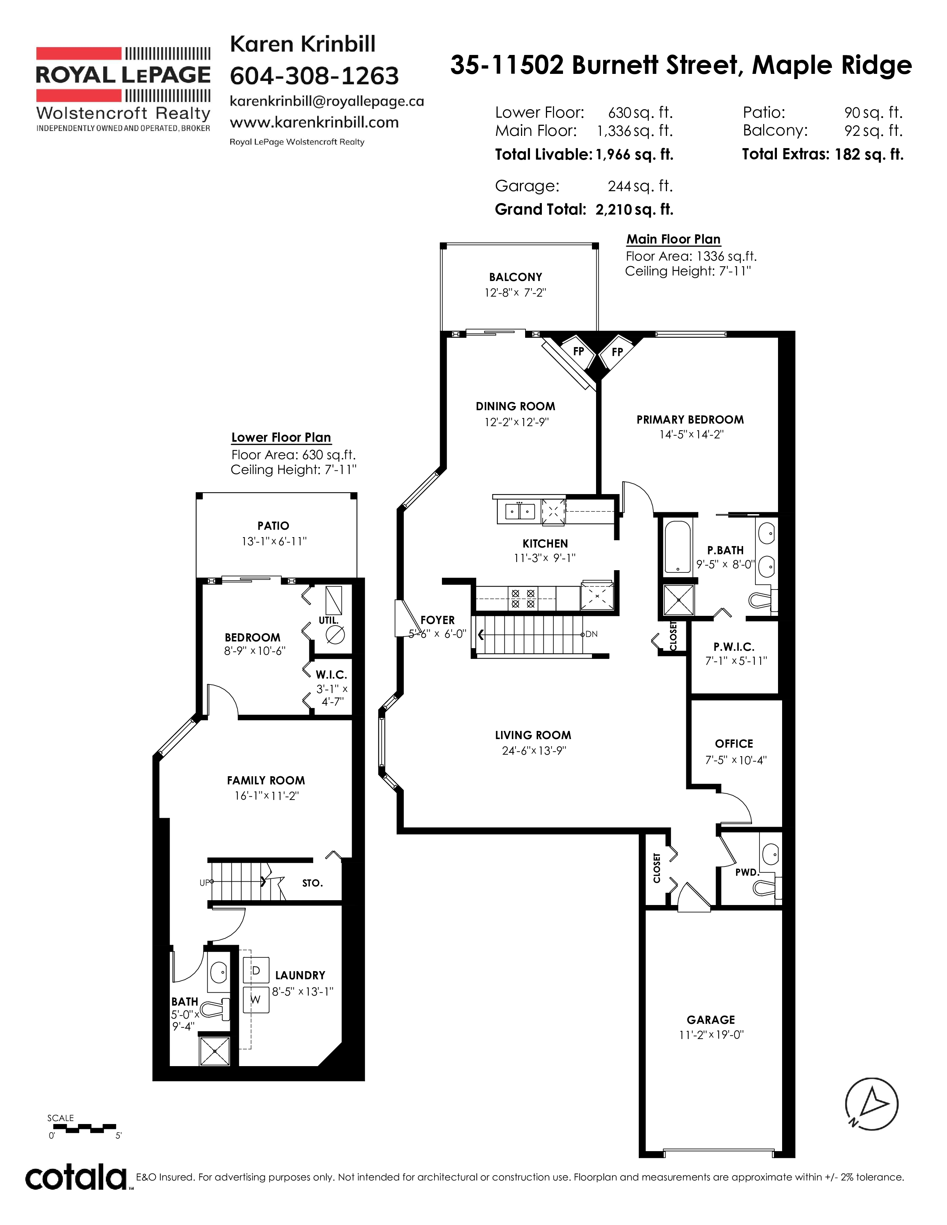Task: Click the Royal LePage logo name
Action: click(x=123, y=75)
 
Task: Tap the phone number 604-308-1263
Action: click(x=314, y=76)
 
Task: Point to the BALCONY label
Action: click(x=515, y=277)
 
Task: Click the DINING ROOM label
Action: click(x=515, y=406)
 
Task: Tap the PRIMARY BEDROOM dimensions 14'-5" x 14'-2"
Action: click(x=691, y=434)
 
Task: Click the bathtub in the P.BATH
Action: click(x=678, y=547)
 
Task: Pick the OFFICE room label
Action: click(x=734, y=744)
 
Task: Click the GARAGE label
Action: click(x=711, y=1020)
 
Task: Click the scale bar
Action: click(x=82, y=1127)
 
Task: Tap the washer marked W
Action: click(x=256, y=1000)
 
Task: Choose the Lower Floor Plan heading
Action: click(x=281, y=438)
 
